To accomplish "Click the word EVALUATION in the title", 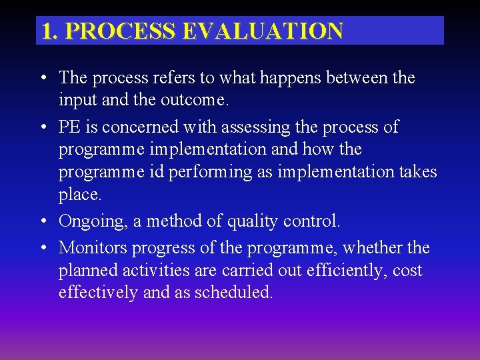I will click(278, 31).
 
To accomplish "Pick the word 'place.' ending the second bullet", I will click(80, 195).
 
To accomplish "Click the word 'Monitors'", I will click(93, 248).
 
